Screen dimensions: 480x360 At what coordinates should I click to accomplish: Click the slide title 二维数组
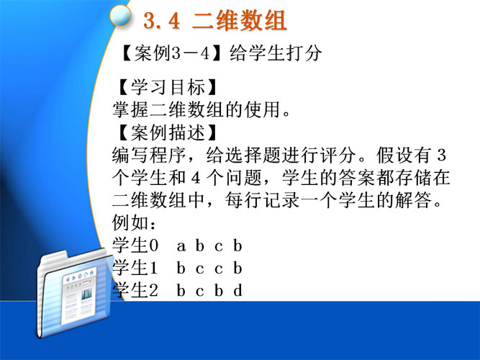point(239,21)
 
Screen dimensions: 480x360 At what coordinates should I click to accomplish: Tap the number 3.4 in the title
point(161,21)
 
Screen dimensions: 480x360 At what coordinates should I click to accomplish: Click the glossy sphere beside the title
point(120,15)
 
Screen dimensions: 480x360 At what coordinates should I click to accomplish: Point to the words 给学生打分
point(276,53)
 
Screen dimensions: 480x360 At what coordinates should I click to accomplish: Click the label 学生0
point(135,246)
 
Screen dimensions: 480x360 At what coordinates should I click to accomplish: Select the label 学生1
point(135,268)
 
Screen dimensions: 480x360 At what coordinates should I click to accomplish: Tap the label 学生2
point(135,290)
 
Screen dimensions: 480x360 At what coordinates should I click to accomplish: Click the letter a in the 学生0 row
point(181,246)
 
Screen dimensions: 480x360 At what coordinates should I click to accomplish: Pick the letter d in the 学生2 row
point(238,290)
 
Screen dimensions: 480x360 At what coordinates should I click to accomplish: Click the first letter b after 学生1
point(181,268)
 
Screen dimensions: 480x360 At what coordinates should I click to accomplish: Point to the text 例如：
point(134,222)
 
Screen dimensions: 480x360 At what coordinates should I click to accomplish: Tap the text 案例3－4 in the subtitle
point(172,53)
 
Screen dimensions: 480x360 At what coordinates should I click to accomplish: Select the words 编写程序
point(149,156)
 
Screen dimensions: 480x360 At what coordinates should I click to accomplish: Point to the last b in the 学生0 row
point(238,246)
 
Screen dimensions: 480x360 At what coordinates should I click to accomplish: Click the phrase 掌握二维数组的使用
point(196,110)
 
